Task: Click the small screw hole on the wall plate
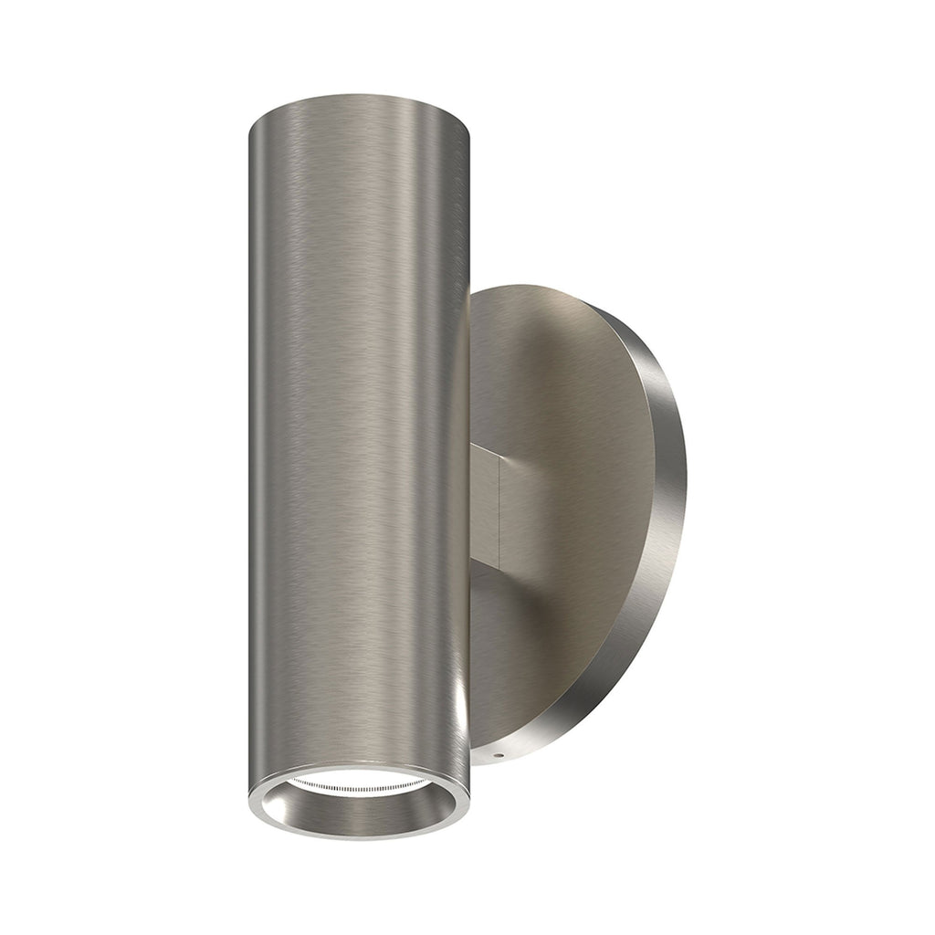tap(497, 756)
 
